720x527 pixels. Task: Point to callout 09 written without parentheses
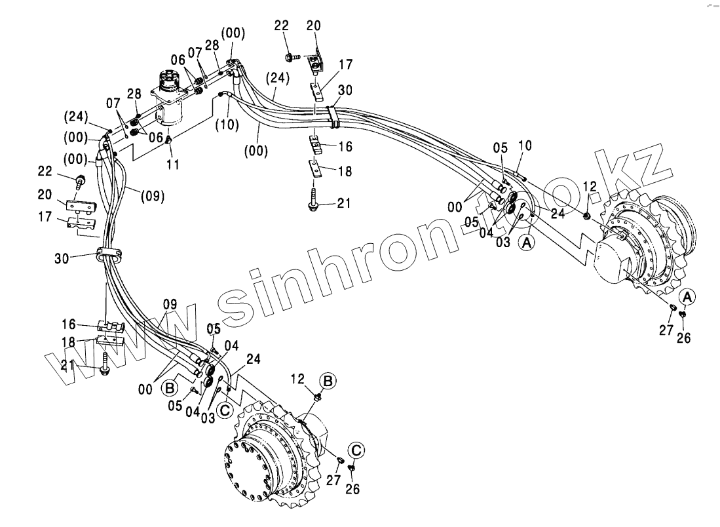point(170,304)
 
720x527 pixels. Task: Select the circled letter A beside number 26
point(686,297)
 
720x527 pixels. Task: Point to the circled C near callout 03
point(224,410)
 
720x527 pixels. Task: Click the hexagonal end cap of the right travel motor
point(618,262)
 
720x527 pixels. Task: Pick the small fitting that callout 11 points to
point(170,140)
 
